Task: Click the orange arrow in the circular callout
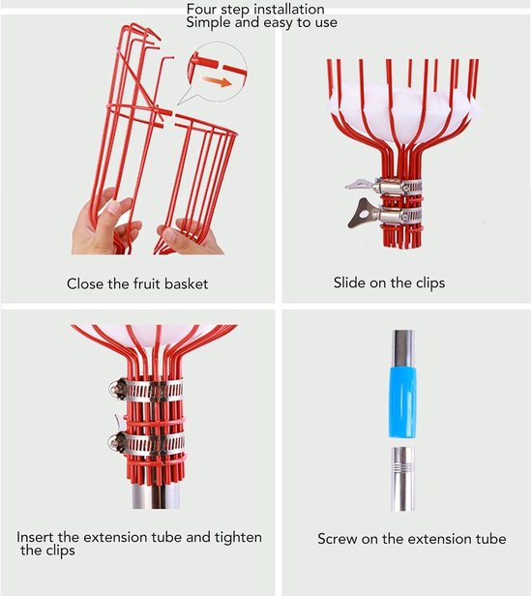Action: [x=217, y=80]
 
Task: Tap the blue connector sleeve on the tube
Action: [x=402, y=402]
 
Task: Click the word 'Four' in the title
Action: [x=201, y=9]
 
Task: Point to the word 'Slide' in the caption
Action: [x=347, y=283]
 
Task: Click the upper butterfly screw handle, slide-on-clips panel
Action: [x=360, y=185]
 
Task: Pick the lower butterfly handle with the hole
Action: [x=362, y=213]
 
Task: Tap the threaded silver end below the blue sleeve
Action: [x=402, y=479]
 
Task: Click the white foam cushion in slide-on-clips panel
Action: [x=402, y=114]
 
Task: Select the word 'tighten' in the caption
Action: [x=238, y=537]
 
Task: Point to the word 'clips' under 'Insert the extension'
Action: [x=57, y=551]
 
